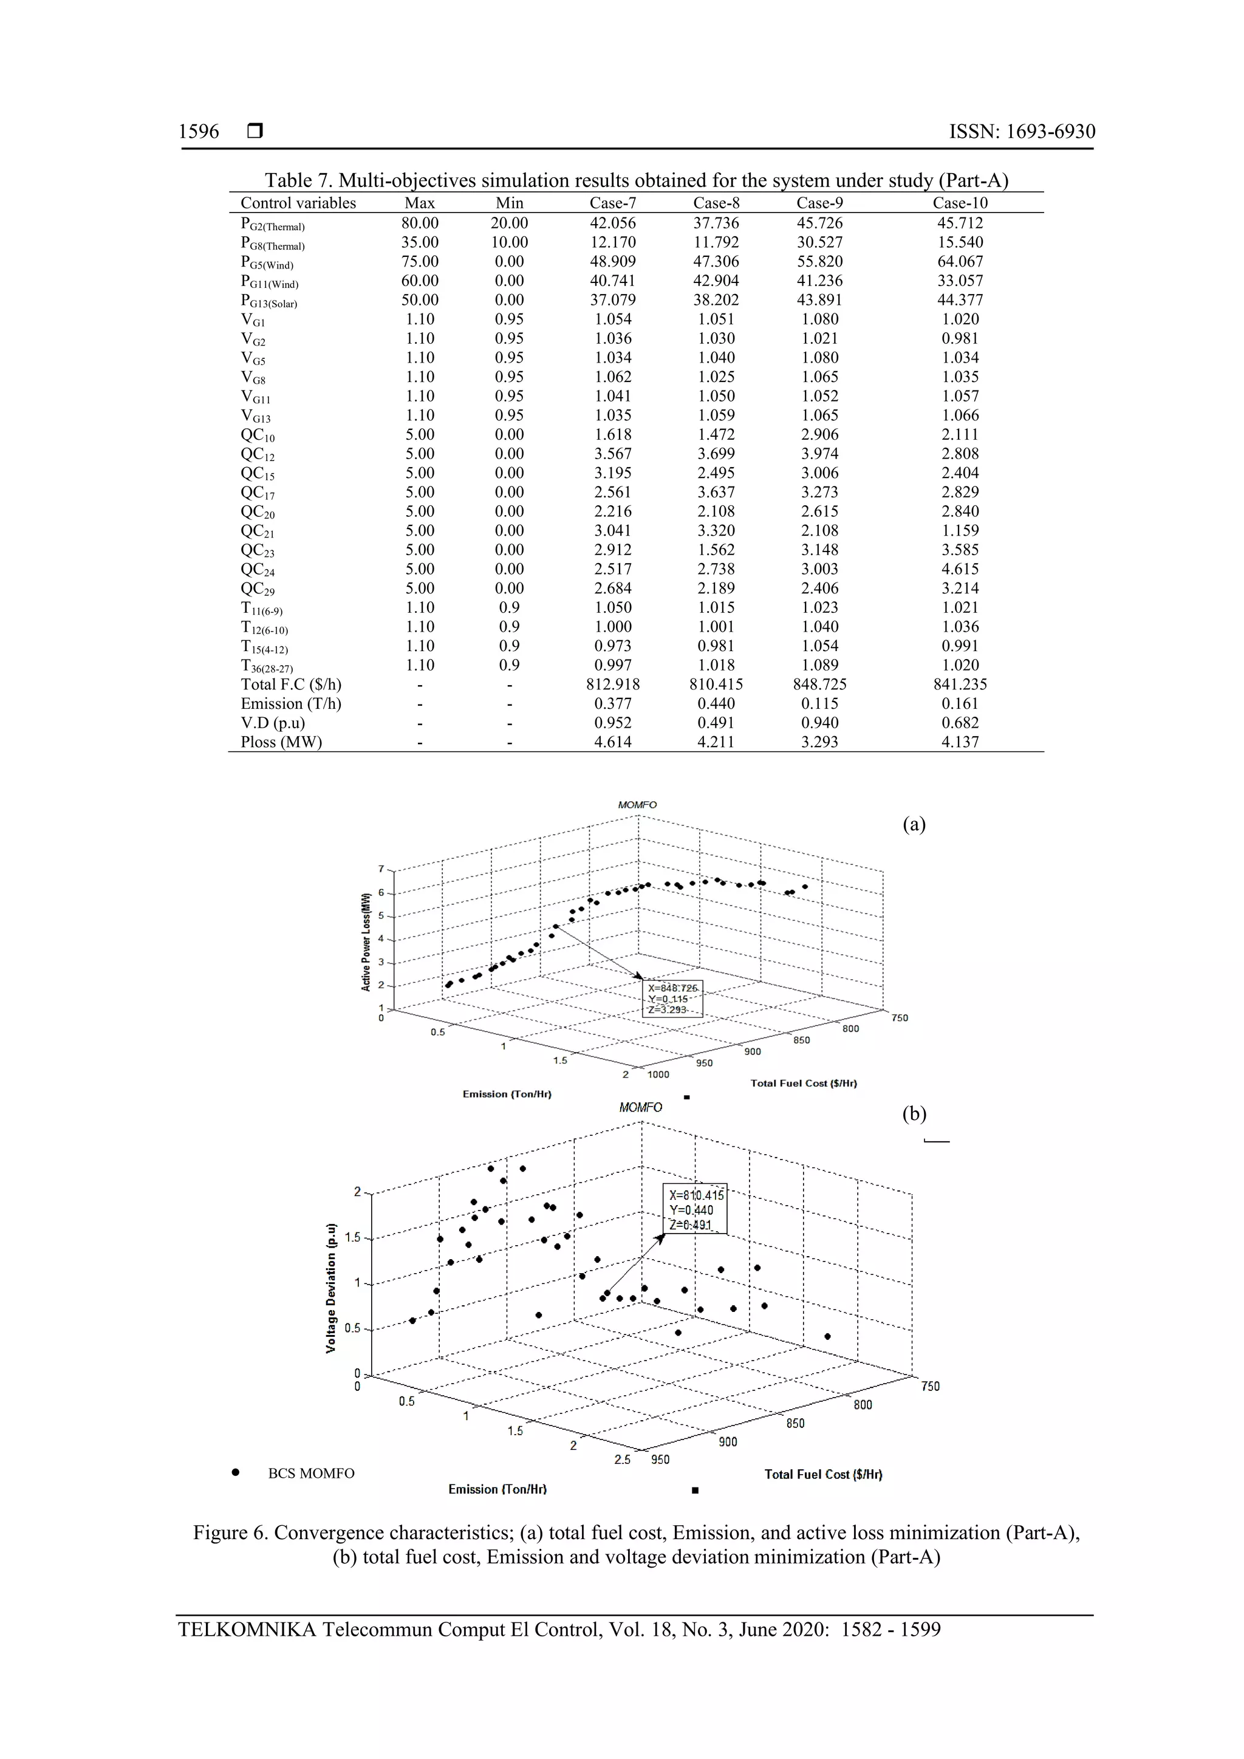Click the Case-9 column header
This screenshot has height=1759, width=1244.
coord(819,203)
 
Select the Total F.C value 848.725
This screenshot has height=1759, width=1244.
coord(819,684)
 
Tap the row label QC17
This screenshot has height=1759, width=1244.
coord(258,493)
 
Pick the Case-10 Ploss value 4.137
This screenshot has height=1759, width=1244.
coord(960,742)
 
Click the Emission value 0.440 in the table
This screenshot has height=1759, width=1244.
coord(716,703)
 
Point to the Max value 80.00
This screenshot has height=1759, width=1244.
coord(420,223)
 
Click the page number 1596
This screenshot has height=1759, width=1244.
coord(199,132)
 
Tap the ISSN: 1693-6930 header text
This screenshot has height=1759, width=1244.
coord(1022,132)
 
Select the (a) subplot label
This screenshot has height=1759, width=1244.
coord(914,824)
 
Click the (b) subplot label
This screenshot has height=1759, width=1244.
coord(914,1113)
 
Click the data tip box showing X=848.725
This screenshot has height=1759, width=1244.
coord(672,999)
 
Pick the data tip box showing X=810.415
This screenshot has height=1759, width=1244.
coord(695,1210)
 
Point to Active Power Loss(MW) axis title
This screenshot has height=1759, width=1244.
coord(366,941)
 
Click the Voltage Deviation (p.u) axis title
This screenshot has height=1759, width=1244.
coord(331,1287)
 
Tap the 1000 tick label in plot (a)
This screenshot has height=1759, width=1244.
coord(658,1074)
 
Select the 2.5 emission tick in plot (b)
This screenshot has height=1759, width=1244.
coord(622,1460)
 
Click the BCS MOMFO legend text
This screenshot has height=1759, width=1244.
coord(311,1474)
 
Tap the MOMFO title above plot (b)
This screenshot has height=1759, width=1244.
coord(640,1107)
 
